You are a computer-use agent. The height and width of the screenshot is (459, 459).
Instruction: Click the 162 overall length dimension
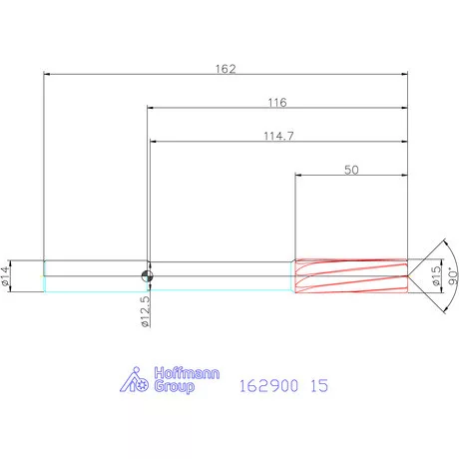click(226, 69)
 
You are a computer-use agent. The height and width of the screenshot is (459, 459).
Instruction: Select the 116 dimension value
click(277, 102)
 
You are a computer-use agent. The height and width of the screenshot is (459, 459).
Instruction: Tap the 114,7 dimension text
click(277, 136)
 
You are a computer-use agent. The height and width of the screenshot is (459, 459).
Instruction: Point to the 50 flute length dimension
click(351, 170)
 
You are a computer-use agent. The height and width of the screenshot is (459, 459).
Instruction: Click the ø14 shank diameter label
click(7, 276)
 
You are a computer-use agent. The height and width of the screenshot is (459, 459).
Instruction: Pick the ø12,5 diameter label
click(146, 310)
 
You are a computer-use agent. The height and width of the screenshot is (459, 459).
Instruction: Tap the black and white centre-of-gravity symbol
click(147, 276)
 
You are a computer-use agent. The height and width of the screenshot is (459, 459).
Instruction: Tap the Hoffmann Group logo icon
click(135, 380)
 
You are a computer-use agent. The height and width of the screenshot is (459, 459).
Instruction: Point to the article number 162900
click(266, 384)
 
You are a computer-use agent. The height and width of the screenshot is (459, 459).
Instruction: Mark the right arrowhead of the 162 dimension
click(404, 75)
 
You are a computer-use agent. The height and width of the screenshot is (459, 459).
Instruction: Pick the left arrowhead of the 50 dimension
click(299, 177)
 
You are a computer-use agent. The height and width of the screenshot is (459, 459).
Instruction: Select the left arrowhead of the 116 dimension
click(151, 108)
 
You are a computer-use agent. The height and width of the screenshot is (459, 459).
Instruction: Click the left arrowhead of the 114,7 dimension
click(155, 143)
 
